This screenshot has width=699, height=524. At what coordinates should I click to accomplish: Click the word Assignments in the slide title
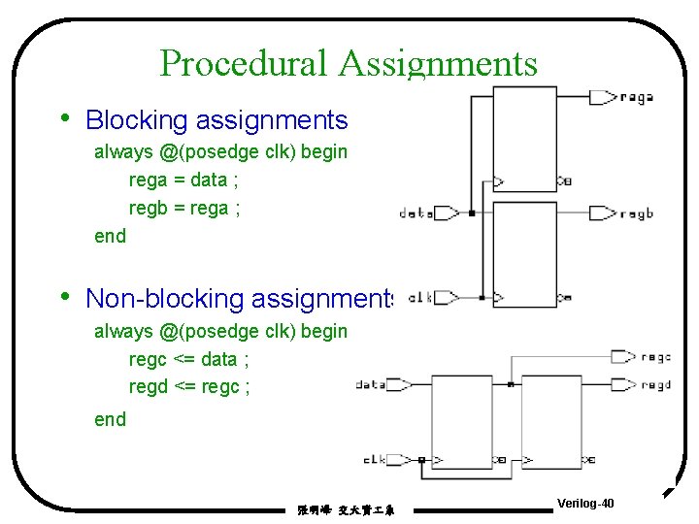[438, 64]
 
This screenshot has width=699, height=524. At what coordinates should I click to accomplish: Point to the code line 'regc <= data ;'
[189, 359]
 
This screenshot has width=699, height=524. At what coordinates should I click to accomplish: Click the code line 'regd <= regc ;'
[189, 387]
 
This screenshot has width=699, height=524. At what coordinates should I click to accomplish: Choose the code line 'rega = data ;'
[179, 180]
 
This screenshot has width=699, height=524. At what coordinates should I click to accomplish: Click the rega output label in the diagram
[636, 97]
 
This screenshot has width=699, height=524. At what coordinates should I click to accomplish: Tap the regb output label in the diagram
[636, 213]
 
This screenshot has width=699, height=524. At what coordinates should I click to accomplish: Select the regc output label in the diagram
[656, 357]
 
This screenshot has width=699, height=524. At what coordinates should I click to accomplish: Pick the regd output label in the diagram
[656, 385]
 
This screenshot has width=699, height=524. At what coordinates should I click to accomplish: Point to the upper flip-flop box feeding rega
[524, 146]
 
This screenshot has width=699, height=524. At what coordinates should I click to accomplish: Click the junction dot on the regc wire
[511, 385]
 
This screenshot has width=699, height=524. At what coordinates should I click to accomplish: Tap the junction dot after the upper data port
[470, 213]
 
